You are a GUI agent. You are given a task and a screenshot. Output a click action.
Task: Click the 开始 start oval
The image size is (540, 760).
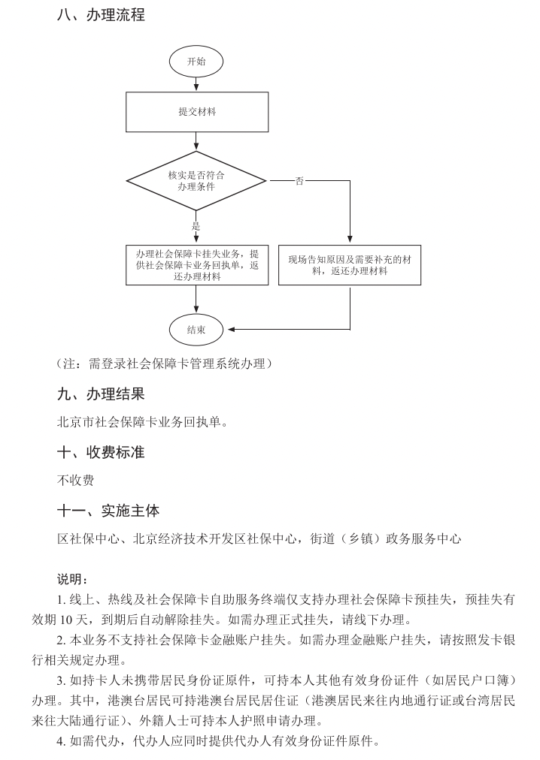point(196,62)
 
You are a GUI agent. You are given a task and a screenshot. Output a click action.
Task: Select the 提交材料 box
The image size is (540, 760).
point(196,112)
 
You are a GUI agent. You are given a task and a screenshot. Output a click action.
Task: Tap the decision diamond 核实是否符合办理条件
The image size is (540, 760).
point(196,181)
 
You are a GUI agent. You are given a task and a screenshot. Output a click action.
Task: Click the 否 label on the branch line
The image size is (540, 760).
point(299,181)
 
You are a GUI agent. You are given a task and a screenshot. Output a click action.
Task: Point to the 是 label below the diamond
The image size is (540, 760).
point(196,226)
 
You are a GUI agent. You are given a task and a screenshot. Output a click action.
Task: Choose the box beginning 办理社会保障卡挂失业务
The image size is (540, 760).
point(196,265)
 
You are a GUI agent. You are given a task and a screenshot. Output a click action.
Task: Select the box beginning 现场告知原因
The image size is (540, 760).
point(350,265)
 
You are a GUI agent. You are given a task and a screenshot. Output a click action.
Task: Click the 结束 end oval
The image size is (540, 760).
point(196,329)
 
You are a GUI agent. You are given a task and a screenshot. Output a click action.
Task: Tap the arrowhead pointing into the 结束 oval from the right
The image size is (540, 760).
point(232,329)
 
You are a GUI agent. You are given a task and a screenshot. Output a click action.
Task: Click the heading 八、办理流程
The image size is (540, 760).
point(101,14)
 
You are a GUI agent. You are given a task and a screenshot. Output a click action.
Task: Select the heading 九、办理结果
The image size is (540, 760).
point(101,394)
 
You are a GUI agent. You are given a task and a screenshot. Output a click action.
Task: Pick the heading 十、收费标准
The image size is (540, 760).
point(101,452)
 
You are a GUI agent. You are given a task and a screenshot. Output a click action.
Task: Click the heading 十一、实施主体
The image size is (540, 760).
point(108,511)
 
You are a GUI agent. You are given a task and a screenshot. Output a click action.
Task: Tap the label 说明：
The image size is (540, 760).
point(73,580)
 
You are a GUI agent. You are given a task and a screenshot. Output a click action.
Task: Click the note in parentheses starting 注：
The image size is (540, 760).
point(164,364)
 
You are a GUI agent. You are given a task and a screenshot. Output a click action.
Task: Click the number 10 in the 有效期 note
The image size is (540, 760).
point(85,620)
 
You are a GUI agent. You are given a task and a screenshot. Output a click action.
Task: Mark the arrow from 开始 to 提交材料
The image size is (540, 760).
point(196,84)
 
